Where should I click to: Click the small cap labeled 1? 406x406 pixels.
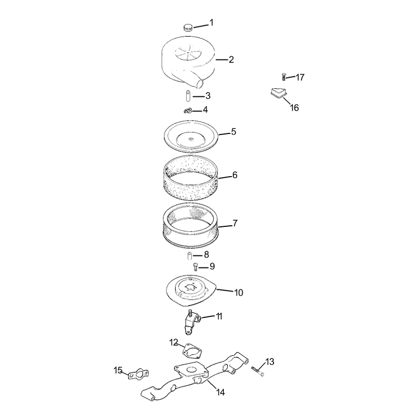point(188,27)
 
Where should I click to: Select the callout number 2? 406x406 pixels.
point(231,60)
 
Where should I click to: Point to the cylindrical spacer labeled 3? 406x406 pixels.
point(188,96)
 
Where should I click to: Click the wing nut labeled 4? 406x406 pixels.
point(187,111)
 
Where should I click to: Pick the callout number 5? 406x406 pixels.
point(233,132)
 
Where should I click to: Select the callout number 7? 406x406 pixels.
point(235,223)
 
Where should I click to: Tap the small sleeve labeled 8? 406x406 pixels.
point(189,256)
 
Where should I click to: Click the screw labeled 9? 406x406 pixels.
point(195,266)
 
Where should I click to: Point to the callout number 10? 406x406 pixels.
point(239,293)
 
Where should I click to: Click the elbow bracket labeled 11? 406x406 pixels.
point(192,322)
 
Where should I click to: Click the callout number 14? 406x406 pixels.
point(220,392)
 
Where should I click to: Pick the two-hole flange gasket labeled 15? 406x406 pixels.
point(139,374)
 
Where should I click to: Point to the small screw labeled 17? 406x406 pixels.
point(284,77)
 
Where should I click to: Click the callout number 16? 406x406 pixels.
point(294,108)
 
